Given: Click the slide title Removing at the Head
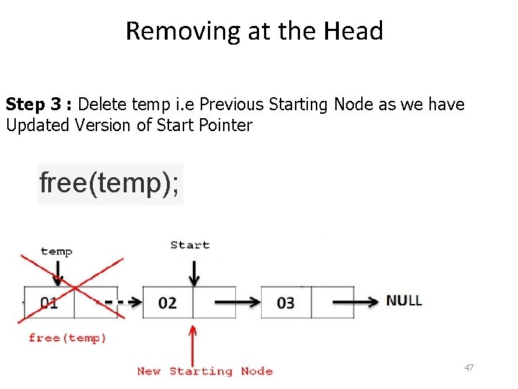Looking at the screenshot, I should click(254, 31).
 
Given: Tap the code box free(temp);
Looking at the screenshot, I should click(111, 183).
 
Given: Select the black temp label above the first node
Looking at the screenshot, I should click(56, 251).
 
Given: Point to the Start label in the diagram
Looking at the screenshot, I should click(190, 245).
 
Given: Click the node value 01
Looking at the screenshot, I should click(49, 303).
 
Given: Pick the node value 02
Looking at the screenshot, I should click(167, 303).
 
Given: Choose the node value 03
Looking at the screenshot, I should click(286, 303).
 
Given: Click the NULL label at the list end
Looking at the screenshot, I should click(404, 300).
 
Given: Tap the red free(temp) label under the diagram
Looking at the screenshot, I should click(68, 338).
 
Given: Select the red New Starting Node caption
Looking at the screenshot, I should click(205, 371).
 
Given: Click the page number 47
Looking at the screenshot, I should click(469, 368).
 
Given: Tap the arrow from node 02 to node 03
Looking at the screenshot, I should click(237, 303).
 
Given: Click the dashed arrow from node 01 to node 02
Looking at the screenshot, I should click(122, 303).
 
